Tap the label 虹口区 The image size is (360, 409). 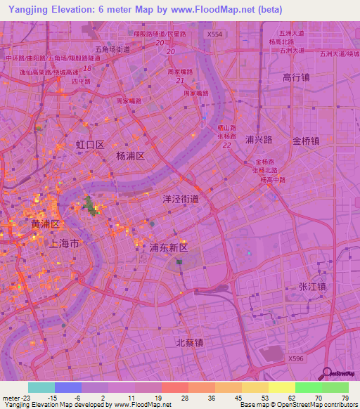(x=90, y=145)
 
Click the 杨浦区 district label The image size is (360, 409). (x=130, y=157)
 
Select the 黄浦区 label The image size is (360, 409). (x=47, y=223)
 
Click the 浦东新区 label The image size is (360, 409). (x=169, y=248)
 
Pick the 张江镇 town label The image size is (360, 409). (x=313, y=287)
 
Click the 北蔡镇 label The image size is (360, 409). (x=189, y=343)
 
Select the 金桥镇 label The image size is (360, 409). (x=307, y=141)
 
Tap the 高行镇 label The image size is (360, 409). (x=296, y=77)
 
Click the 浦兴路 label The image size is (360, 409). (x=259, y=140)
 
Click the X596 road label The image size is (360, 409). (x=297, y=358)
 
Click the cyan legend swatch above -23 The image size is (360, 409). (x=41, y=387)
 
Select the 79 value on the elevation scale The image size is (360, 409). (x=345, y=398)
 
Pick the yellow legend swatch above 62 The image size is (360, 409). (x=281, y=387)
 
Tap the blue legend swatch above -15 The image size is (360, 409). (x=68, y=387)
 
